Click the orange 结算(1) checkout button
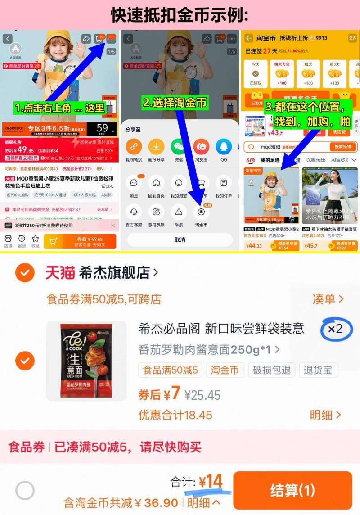point(292,490)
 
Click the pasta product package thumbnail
point(86,361)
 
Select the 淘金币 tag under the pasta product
point(225,370)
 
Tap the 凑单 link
point(328,299)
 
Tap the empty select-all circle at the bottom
point(25,491)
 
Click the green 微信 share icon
point(178,147)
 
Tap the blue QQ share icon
point(224,147)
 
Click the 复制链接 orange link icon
point(133,147)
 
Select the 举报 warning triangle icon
point(179,211)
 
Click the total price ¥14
point(211,482)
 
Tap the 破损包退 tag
point(272,370)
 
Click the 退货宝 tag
point(318,370)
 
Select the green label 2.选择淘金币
point(175,103)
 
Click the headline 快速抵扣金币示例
point(180,15)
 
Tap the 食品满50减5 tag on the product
point(170,370)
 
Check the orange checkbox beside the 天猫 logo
point(25,272)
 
